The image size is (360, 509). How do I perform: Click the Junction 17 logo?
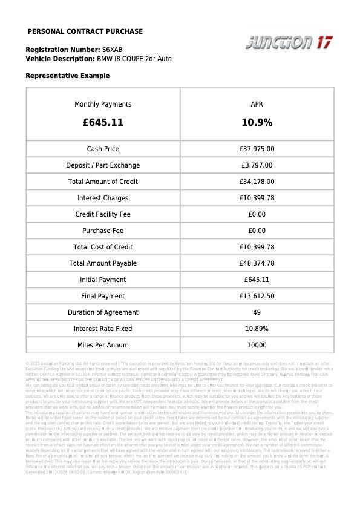(x=289, y=42)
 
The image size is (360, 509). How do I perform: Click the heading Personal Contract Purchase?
(x=85, y=31)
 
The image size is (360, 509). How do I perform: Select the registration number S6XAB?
(x=113, y=49)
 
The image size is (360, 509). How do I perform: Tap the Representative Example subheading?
(x=68, y=76)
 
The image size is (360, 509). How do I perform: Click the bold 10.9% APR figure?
(x=257, y=122)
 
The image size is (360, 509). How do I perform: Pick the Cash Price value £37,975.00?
(x=257, y=149)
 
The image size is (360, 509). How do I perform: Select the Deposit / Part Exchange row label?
(x=103, y=165)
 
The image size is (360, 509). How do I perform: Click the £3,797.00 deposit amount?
(x=257, y=165)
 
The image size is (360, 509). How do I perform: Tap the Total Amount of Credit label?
(x=103, y=182)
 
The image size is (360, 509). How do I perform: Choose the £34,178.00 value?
(x=257, y=182)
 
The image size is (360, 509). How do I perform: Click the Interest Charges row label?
(x=103, y=198)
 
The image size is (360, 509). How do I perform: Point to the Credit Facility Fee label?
(x=103, y=214)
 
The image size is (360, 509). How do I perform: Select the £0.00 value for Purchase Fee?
(x=257, y=231)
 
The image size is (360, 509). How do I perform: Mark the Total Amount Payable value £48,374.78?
(x=257, y=263)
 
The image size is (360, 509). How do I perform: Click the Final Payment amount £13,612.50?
(x=257, y=296)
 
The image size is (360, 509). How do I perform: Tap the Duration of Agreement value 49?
(x=257, y=312)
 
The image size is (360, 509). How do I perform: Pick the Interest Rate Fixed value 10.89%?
(x=257, y=329)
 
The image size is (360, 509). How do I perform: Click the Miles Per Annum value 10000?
(x=257, y=345)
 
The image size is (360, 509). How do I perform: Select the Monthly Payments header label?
(x=103, y=104)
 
